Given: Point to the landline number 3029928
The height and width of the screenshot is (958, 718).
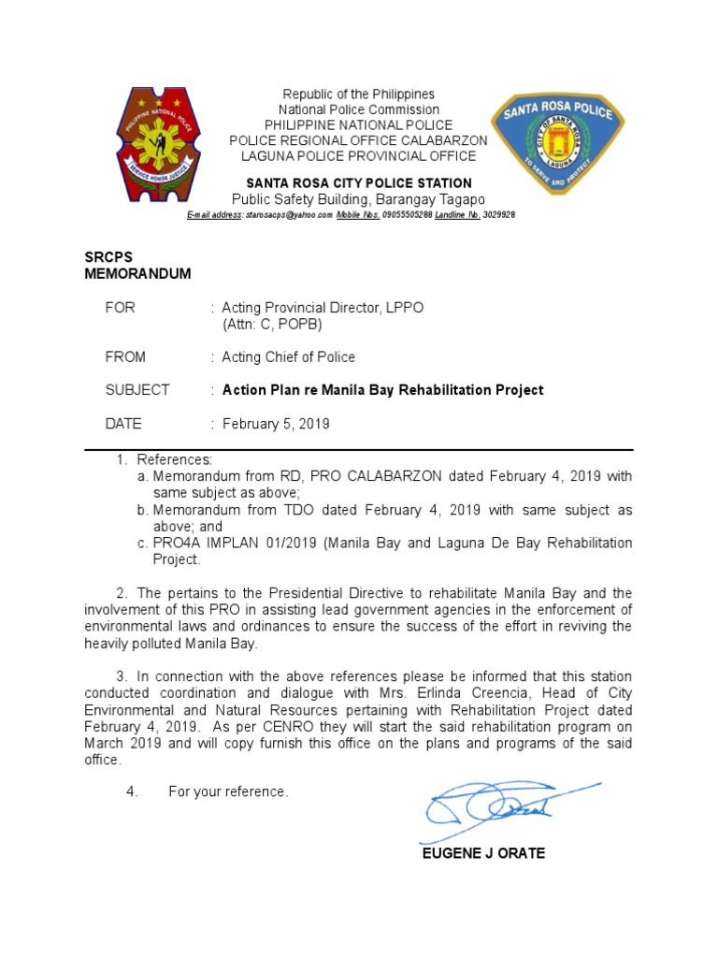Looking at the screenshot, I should (498, 215).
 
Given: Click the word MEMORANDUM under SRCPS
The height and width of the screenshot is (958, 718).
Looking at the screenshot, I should (137, 274).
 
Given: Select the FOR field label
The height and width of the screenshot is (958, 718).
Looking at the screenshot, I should (120, 308).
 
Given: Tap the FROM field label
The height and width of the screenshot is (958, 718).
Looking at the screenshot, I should (125, 356).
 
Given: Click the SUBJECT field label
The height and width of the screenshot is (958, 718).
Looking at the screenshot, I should (136, 390).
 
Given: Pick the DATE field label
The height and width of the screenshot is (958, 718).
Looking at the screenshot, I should (123, 424).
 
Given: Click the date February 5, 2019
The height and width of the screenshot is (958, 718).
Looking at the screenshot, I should (276, 424).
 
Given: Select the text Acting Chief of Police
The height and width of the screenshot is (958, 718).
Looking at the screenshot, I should (288, 356).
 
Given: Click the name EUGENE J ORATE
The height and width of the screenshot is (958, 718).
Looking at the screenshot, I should (483, 853).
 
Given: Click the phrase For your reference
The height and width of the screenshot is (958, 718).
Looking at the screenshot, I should (228, 792).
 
